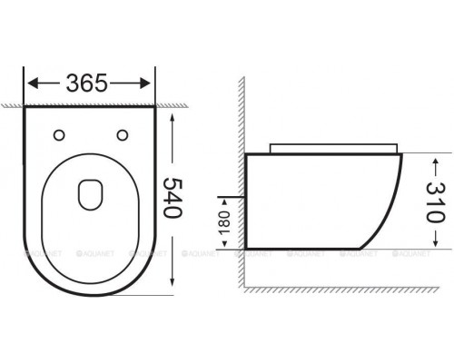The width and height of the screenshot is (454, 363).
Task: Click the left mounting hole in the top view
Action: [61, 135]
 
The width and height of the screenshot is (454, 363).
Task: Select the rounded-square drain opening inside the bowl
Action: [90, 191]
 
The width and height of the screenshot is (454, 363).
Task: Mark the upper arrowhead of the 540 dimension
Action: [173, 113]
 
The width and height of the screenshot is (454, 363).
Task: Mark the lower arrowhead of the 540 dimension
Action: [173, 290]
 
